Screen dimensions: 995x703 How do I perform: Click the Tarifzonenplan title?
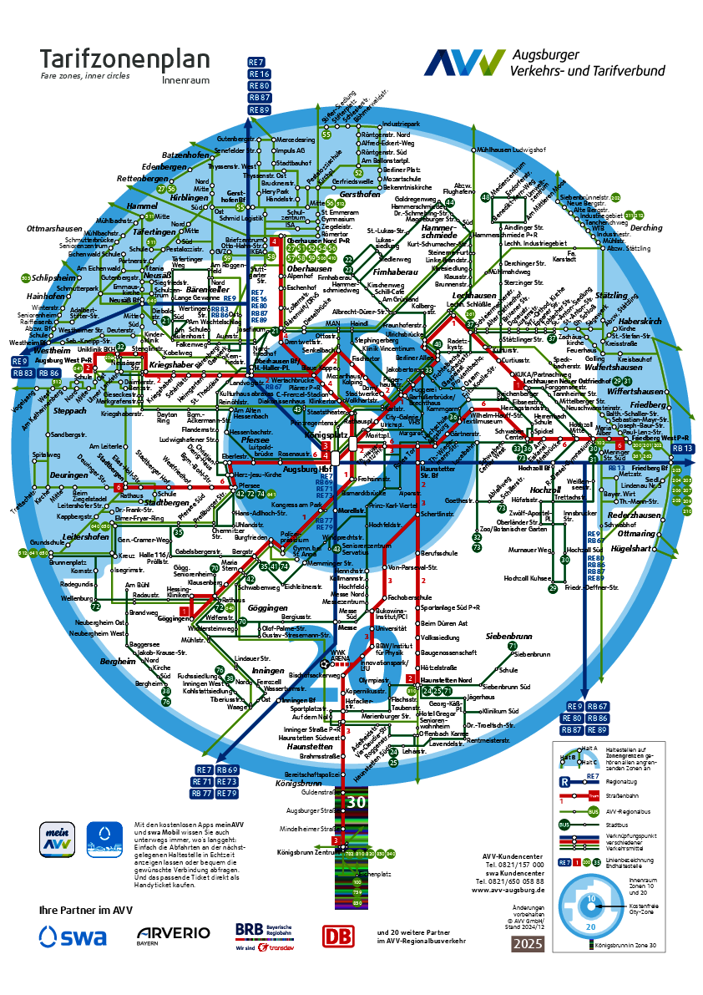(x=125, y=61)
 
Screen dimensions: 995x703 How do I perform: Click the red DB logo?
(x=338, y=937)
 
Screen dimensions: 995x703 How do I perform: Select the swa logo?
(x=73, y=937)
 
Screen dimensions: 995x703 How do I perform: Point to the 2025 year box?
(x=528, y=944)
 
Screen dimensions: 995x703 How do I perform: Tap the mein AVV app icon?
(x=58, y=839)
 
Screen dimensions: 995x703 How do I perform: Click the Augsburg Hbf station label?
(x=308, y=470)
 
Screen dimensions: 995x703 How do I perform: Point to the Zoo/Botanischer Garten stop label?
(x=513, y=529)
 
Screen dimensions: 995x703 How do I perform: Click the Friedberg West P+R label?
(x=664, y=438)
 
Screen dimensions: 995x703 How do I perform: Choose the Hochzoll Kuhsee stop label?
(x=529, y=578)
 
